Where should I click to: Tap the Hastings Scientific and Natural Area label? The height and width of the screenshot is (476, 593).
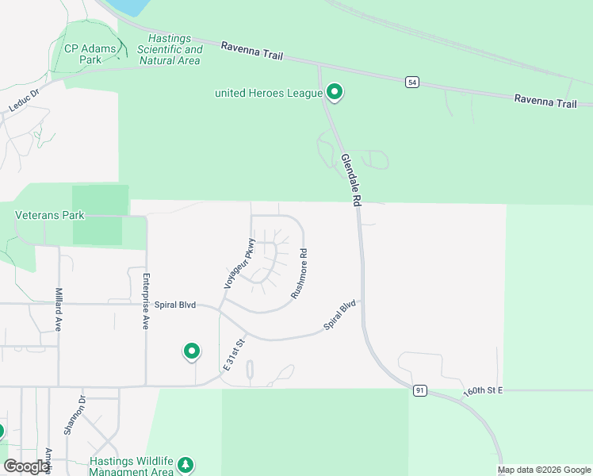(170, 49)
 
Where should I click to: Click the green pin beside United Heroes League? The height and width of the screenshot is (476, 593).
(335, 93)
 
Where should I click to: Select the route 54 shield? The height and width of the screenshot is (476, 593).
(411, 82)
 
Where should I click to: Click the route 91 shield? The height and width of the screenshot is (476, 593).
(419, 390)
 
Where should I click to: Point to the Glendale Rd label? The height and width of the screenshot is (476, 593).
(350, 181)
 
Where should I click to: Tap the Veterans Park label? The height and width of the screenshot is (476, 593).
(49, 214)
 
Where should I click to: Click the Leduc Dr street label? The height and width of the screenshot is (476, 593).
(24, 98)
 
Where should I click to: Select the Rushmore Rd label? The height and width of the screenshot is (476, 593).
(299, 274)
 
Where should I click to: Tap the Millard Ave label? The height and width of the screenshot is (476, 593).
(58, 309)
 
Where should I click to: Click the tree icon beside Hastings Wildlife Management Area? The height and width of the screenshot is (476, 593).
(186, 464)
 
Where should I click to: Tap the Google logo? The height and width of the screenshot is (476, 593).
(26, 466)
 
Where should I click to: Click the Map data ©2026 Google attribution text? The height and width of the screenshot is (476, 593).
(544, 470)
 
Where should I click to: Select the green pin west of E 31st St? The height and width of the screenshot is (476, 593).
(191, 351)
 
